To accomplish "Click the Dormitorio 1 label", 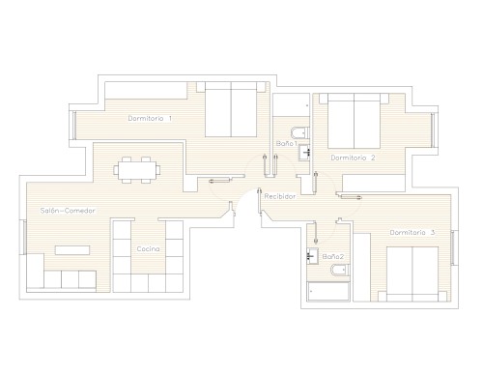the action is point(150,119).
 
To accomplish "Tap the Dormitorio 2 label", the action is point(353,158).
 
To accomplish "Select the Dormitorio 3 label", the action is point(412,232).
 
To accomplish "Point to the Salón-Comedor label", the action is point(68,211).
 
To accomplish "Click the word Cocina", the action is point(148,249).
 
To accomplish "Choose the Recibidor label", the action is point(280,196).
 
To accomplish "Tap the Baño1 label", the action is point(286,144).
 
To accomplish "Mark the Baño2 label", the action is point(333,257).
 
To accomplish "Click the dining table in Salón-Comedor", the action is point(137,170).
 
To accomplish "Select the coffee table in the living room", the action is point(72,250).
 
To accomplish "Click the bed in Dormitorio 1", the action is point(231,109).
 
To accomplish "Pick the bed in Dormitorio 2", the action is point(354,121).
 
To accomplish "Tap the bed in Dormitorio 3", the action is point(412,274).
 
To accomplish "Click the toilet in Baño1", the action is point(300,132).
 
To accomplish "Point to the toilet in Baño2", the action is point(340,270).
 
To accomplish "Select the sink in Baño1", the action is point(304,153).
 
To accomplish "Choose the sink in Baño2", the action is point(312,256).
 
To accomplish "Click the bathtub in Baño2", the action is point(328,292).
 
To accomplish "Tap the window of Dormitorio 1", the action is point(74,126).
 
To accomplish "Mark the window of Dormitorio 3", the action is point(453,248).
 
